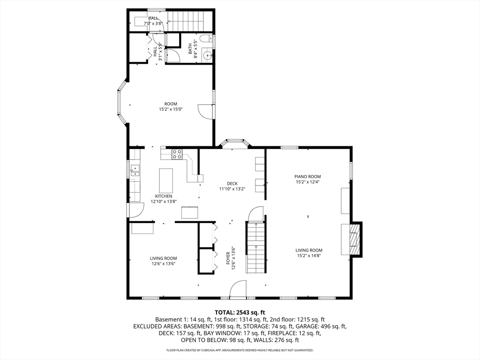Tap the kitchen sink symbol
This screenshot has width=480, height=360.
coord(135,171)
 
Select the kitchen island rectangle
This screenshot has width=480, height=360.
coord(166,180)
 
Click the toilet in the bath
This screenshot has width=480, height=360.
coord(205,38)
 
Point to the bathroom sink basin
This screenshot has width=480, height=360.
coord(207,55)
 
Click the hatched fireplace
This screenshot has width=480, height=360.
coord(355,239)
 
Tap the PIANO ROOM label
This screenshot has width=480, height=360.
coord(307,177)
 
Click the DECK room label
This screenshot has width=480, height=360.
coord(232,184)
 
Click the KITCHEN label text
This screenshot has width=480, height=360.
coord(164,196)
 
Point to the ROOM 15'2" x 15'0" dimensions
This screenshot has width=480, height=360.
coord(171,109)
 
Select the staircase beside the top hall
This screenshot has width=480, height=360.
coord(189,22)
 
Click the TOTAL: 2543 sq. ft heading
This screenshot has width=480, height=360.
coord(240,313)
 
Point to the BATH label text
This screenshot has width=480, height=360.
coord(190,49)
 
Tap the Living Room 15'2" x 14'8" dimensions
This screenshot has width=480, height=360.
coord(309,255)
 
